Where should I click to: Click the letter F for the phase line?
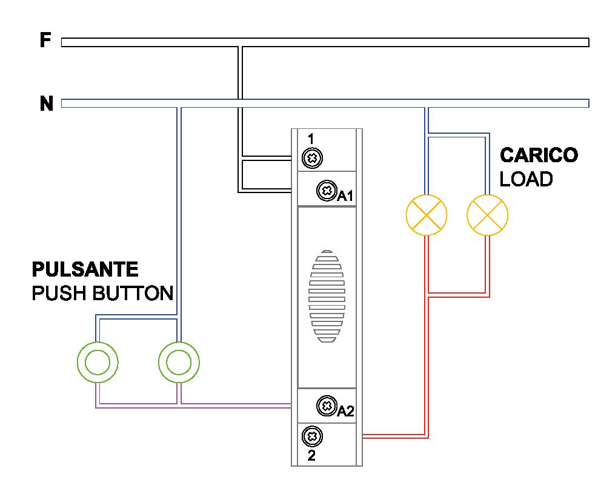[45, 41]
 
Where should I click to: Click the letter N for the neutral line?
[47, 103]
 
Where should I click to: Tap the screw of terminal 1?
[311, 159]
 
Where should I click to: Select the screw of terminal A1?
[327, 191]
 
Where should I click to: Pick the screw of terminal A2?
[327, 404]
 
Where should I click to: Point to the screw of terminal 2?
[311, 435]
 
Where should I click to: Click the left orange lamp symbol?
[426, 215]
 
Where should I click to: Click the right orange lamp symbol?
[488, 215]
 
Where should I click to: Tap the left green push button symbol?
[98, 363]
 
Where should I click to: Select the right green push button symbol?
[179, 363]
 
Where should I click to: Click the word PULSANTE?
[85, 269]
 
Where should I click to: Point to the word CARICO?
[539, 156]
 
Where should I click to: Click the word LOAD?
[526, 179]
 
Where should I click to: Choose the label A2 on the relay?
[345, 412]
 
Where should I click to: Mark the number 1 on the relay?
[311, 139]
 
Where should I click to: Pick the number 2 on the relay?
[311, 456]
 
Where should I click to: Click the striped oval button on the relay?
[327, 297]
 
